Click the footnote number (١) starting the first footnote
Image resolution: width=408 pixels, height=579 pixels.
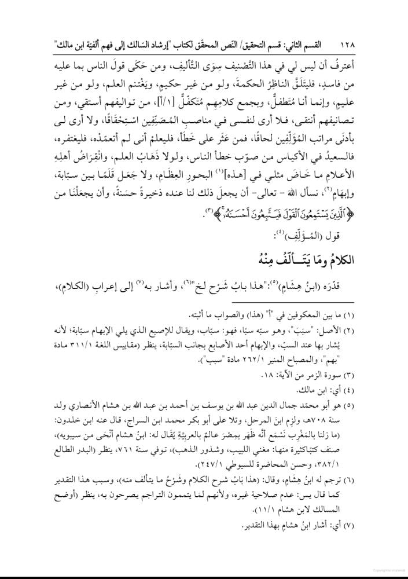[373, 316]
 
